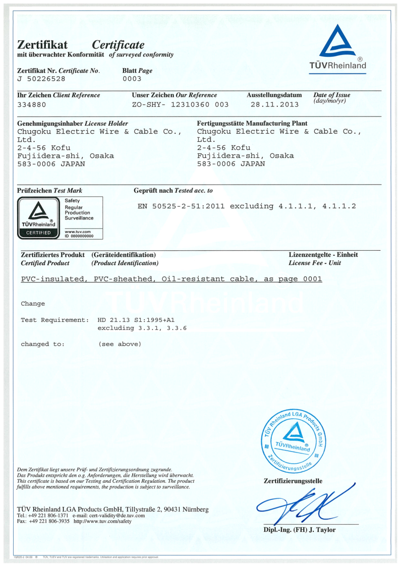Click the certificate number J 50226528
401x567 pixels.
click(x=41, y=79)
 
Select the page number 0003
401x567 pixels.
click(x=132, y=79)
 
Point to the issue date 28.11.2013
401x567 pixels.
click(x=274, y=104)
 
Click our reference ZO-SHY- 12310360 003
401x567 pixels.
click(x=180, y=104)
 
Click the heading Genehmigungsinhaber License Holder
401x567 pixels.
click(x=73, y=123)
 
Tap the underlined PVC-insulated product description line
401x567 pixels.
click(x=171, y=279)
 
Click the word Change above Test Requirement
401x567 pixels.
click(x=33, y=304)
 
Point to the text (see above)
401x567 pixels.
click(x=120, y=344)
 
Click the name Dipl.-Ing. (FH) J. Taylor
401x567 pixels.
click(x=300, y=530)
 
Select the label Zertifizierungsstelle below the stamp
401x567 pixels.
click(x=293, y=481)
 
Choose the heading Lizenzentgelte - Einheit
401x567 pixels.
click(x=323, y=255)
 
